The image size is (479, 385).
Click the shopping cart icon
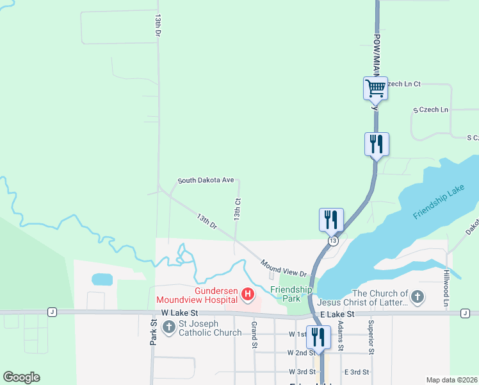(375, 87)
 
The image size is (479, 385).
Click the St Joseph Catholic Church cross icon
(168, 327)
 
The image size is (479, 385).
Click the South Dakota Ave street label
(206, 181)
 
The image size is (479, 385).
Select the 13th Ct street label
(238, 210)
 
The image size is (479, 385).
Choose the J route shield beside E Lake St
(464, 312)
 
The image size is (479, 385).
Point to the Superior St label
(370, 338)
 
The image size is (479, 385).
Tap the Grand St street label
(254, 336)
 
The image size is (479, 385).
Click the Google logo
(22, 377)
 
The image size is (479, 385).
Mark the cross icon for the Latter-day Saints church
(418, 296)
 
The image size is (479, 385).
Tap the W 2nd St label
(300, 353)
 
